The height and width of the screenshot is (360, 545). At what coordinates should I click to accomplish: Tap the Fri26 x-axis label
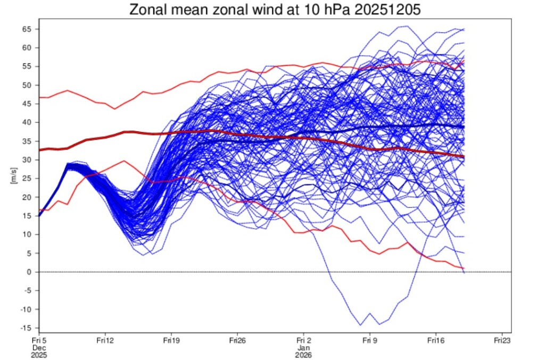[x=237, y=339]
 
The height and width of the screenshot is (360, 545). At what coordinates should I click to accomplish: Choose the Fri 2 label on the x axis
[x=303, y=339]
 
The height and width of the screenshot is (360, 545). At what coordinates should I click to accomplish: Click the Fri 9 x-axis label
[x=369, y=339]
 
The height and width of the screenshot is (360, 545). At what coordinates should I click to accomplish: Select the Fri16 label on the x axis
[x=435, y=339]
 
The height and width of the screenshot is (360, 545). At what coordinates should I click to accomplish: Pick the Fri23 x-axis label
[x=501, y=339]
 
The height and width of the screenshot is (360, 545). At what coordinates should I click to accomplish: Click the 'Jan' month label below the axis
[x=303, y=347]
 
